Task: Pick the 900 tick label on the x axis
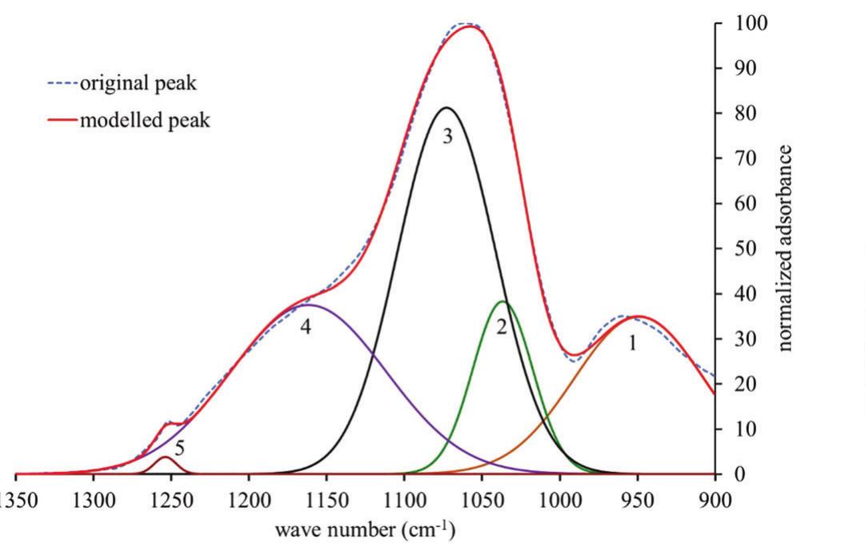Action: [x=715, y=501]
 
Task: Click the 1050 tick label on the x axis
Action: [x=482, y=501]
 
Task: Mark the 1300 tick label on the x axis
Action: [x=94, y=501]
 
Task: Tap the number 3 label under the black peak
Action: [x=447, y=136]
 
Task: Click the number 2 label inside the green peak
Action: [x=502, y=327]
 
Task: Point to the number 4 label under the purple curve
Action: [x=305, y=327]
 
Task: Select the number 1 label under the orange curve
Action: [x=633, y=344]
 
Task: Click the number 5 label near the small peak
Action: [x=180, y=447]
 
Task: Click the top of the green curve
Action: [x=503, y=301]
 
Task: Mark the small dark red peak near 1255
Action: [x=165, y=457]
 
